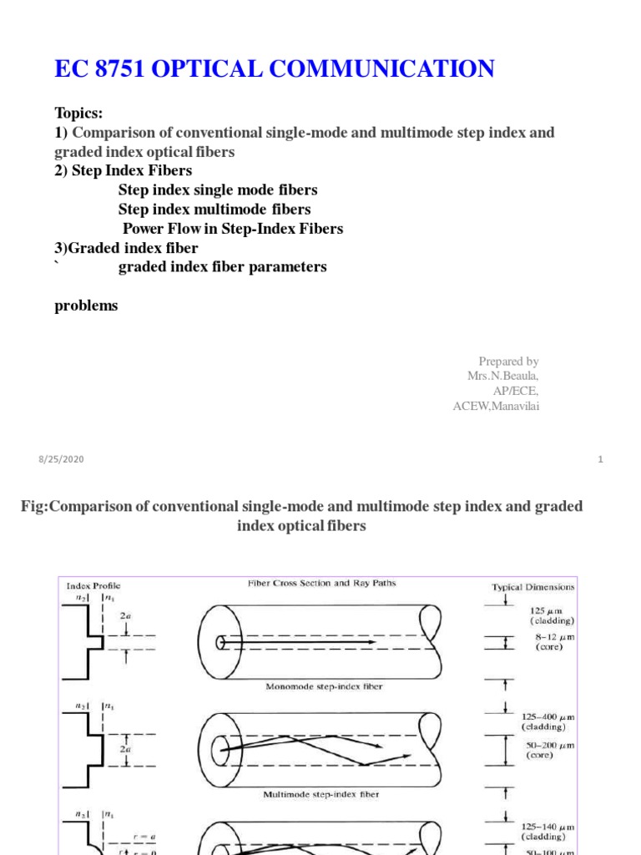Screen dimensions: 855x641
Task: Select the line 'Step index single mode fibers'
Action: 218,190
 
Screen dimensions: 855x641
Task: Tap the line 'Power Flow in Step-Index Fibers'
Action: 233,229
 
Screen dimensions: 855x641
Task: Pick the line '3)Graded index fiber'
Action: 126,248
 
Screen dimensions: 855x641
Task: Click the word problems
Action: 86,306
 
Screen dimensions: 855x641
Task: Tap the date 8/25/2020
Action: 61,459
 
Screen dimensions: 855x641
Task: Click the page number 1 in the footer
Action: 600,459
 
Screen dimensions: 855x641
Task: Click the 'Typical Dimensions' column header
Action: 532,587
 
